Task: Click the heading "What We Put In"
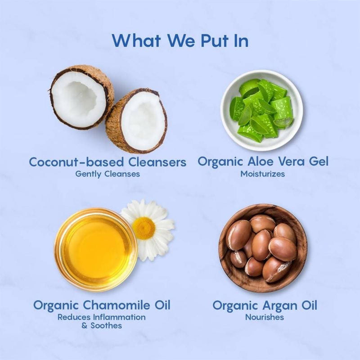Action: click(180, 40)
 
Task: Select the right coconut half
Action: click(137, 120)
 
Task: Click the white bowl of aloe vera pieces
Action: click(261, 111)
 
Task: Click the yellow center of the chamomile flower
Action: click(144, 228)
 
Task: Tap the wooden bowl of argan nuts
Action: click(263, 247)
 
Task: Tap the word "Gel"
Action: click(316, 162)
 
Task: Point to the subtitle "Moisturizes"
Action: click(262, 174)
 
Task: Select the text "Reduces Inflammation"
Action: click(101, 317)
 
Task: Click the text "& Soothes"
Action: click(101, 325)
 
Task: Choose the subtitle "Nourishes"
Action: click(265, 317)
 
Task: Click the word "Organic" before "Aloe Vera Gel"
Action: click(219, 162)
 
